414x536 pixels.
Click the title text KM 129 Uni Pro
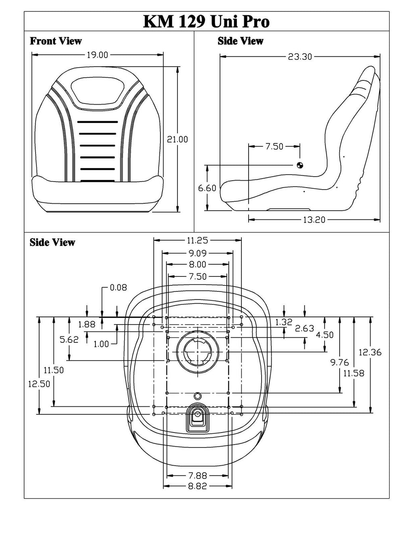point(206,21)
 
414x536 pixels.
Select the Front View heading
point(56,41)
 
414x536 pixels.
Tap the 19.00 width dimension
point(97,55)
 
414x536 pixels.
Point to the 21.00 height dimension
point(177,139)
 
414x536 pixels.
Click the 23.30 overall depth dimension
point(300,57)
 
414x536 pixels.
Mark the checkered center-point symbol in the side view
point(300,165)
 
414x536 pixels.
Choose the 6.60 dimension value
point(207,188)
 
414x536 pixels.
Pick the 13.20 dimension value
point(314,220)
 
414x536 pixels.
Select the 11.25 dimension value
point(197,241)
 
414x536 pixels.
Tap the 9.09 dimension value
point(197,253)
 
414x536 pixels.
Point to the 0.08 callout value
point(118,287)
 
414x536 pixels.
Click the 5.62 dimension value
point(69,340)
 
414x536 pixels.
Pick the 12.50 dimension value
point(39,384)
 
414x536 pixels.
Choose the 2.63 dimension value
point(304,328)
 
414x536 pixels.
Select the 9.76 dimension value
point(339,363)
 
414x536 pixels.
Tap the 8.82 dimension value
point(197,486)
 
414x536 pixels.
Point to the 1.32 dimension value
point(283,322)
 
